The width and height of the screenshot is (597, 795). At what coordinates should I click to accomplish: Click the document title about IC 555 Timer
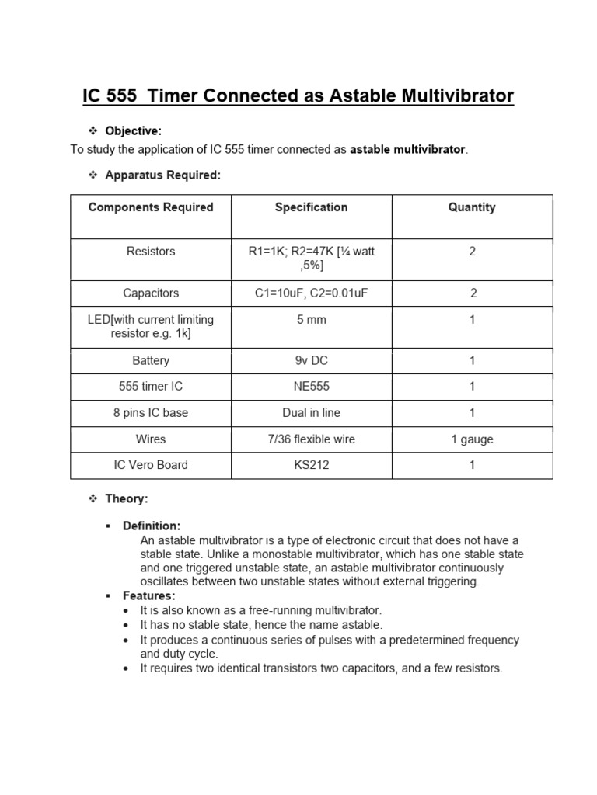(298, 96)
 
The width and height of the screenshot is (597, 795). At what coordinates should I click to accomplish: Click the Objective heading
(133, 131)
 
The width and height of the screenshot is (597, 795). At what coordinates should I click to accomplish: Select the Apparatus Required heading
(162, 175)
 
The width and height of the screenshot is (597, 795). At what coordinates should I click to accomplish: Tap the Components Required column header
(151, 207)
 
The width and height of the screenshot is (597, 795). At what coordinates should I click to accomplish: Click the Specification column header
(311, 207)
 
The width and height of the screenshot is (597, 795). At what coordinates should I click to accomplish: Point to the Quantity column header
(472, 207)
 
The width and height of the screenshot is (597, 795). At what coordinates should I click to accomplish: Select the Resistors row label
(151, 252)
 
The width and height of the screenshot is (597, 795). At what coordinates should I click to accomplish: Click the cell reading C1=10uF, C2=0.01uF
(311, 293)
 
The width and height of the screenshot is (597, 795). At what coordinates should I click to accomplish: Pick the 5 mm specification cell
(311, 320)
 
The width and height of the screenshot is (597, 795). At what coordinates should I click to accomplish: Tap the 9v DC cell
(311, 361)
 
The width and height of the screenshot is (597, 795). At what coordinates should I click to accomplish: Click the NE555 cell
(311, 387)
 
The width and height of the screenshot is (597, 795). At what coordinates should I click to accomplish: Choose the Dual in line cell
(311, 413)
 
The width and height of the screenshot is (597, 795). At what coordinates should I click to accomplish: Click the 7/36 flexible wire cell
(311, 439)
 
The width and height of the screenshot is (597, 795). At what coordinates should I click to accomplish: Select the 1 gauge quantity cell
(472, 439)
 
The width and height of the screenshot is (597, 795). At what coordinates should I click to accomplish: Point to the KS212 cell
(311, 465)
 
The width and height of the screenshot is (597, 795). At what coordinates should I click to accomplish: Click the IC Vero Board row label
(151, 465)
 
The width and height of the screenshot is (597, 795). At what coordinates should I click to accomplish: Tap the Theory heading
(127, 498)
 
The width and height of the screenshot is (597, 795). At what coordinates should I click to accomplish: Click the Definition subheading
(152, 526)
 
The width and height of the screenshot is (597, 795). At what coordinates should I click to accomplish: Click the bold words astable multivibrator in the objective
(407, 149)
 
